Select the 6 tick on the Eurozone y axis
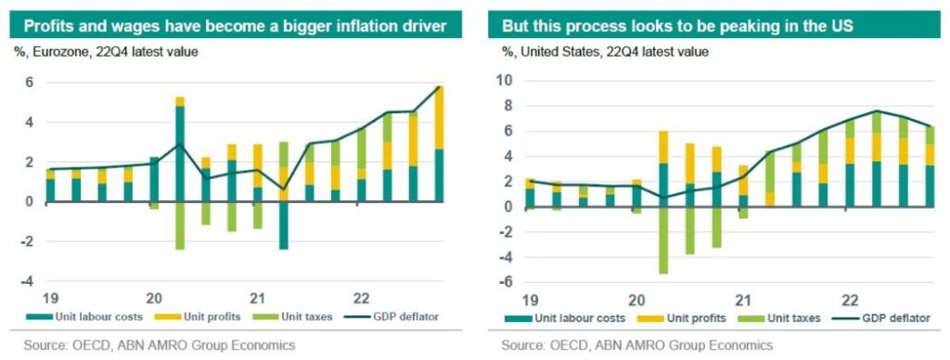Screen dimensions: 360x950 click(x=29, y=82)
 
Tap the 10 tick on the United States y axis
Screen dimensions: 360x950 click(x=507, y=81)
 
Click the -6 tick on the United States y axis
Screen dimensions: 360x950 click(x=507, y=282)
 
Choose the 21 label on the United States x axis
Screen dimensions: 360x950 click(x=742, y=301)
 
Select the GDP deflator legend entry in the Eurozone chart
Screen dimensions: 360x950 click(x=399, y=317)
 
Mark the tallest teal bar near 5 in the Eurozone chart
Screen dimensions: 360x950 click(x=180, y=153)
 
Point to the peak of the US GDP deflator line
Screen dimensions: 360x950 click(x=876, y=111)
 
